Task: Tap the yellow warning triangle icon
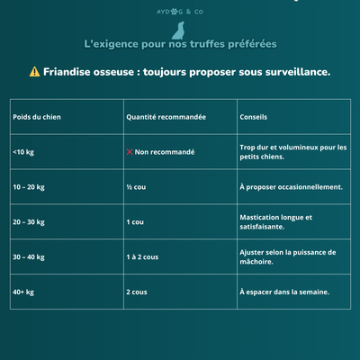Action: (34, 72)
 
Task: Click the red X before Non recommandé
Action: (130, 152)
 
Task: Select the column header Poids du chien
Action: (36, 117)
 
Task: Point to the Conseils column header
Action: (253, 117)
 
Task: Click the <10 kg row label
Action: (23, 152)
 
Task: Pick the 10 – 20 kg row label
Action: (31, 187)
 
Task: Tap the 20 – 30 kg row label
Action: (31, 221)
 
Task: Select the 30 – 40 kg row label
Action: (31, 256)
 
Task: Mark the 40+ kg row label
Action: (23, 292)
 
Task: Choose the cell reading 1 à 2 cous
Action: (142, 256)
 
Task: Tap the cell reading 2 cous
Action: (137, 292)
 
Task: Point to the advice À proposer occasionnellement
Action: (291, 187)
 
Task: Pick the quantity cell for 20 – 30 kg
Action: (135, 221)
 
